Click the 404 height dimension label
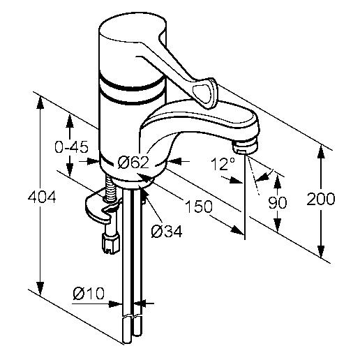(x=42, y=197)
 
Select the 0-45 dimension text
(x=71, y=147)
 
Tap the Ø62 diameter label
(x=133, y=162)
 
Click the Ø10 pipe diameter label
(x=89, y=293)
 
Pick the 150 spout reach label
(x=199, y=206)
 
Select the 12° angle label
(x=223, y=164)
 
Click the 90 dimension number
(x=278, y=202)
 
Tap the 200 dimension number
(x=321, y=199)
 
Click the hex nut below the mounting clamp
(x=111, y=243)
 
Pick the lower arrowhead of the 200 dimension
(x=321, y=252)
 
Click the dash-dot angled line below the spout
(x=253, y=175)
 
